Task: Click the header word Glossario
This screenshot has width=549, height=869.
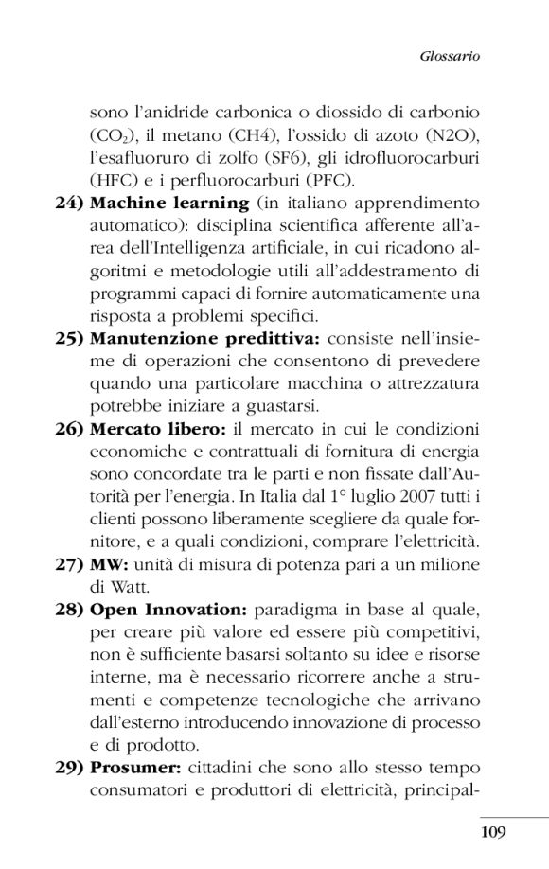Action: point(450,57)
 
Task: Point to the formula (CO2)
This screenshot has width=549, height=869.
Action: point(115,134)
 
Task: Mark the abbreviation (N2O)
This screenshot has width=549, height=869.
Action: point(450,134)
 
